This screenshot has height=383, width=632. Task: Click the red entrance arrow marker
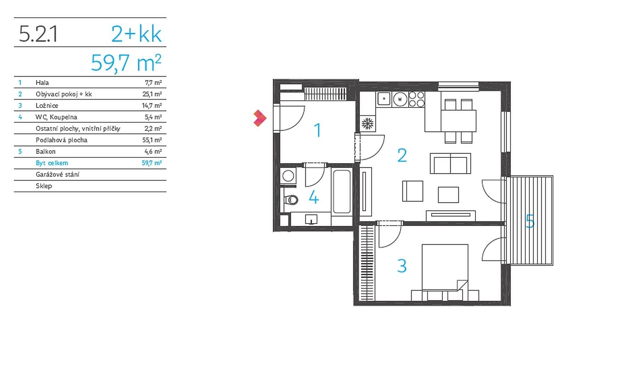click(x=260, y=118)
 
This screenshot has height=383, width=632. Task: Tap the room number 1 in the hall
click(x=318, y=130)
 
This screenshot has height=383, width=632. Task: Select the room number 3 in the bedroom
click(x=402, y=266)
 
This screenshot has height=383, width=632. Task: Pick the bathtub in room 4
click(x=342, y=191)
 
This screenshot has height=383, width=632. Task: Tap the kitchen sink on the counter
click(x=384, y=99)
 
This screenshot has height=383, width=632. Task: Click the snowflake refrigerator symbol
click(x=367, y=123)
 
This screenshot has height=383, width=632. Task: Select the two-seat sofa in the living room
click(x=450, y=163)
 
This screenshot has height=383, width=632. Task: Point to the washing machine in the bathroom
click(x=288, y=176)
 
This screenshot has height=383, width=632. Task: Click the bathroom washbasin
click(x=311, y=220)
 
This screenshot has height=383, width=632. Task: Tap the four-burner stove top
click(x=417, y=99)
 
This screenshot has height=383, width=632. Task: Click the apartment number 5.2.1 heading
click(x=38, y=34)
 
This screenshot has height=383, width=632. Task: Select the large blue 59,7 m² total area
click(x=126, y=63)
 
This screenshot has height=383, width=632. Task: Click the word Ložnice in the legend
click(x=47, y=106)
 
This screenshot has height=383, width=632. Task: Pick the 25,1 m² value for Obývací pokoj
click(x=152, y=94)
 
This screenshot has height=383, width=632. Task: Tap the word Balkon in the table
click(x=46, y=151)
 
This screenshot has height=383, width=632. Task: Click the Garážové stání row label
click(x=57, y=174)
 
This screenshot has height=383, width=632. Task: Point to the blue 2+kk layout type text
click(x=136, y=34)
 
